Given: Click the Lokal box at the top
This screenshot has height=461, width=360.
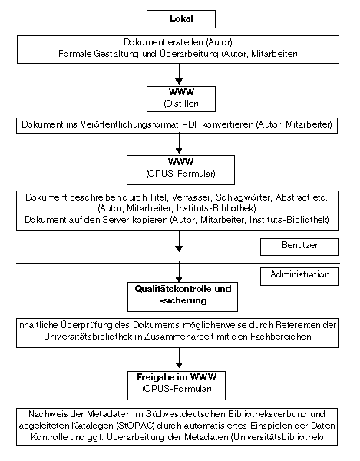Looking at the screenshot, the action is pos(181,19).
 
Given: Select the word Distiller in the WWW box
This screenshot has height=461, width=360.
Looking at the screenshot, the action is pos(181,104).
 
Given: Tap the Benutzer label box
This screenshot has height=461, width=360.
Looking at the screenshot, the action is pos(299,247).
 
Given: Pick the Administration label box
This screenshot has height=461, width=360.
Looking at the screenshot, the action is pos(299,277).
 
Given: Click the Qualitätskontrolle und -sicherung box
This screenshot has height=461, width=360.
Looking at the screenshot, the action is pos(183,297).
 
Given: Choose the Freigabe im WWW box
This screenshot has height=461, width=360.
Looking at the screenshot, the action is pos(177,386).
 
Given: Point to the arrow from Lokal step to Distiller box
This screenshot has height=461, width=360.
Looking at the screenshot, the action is pos(179,75).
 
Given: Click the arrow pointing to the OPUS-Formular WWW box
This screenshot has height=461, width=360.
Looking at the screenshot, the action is pos(179,144).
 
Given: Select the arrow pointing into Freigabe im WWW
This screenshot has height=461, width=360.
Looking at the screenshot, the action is pos(179,358).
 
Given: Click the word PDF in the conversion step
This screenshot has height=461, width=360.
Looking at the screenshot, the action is pos(191,124).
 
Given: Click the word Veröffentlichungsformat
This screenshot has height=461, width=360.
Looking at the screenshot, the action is pos(130,124).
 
